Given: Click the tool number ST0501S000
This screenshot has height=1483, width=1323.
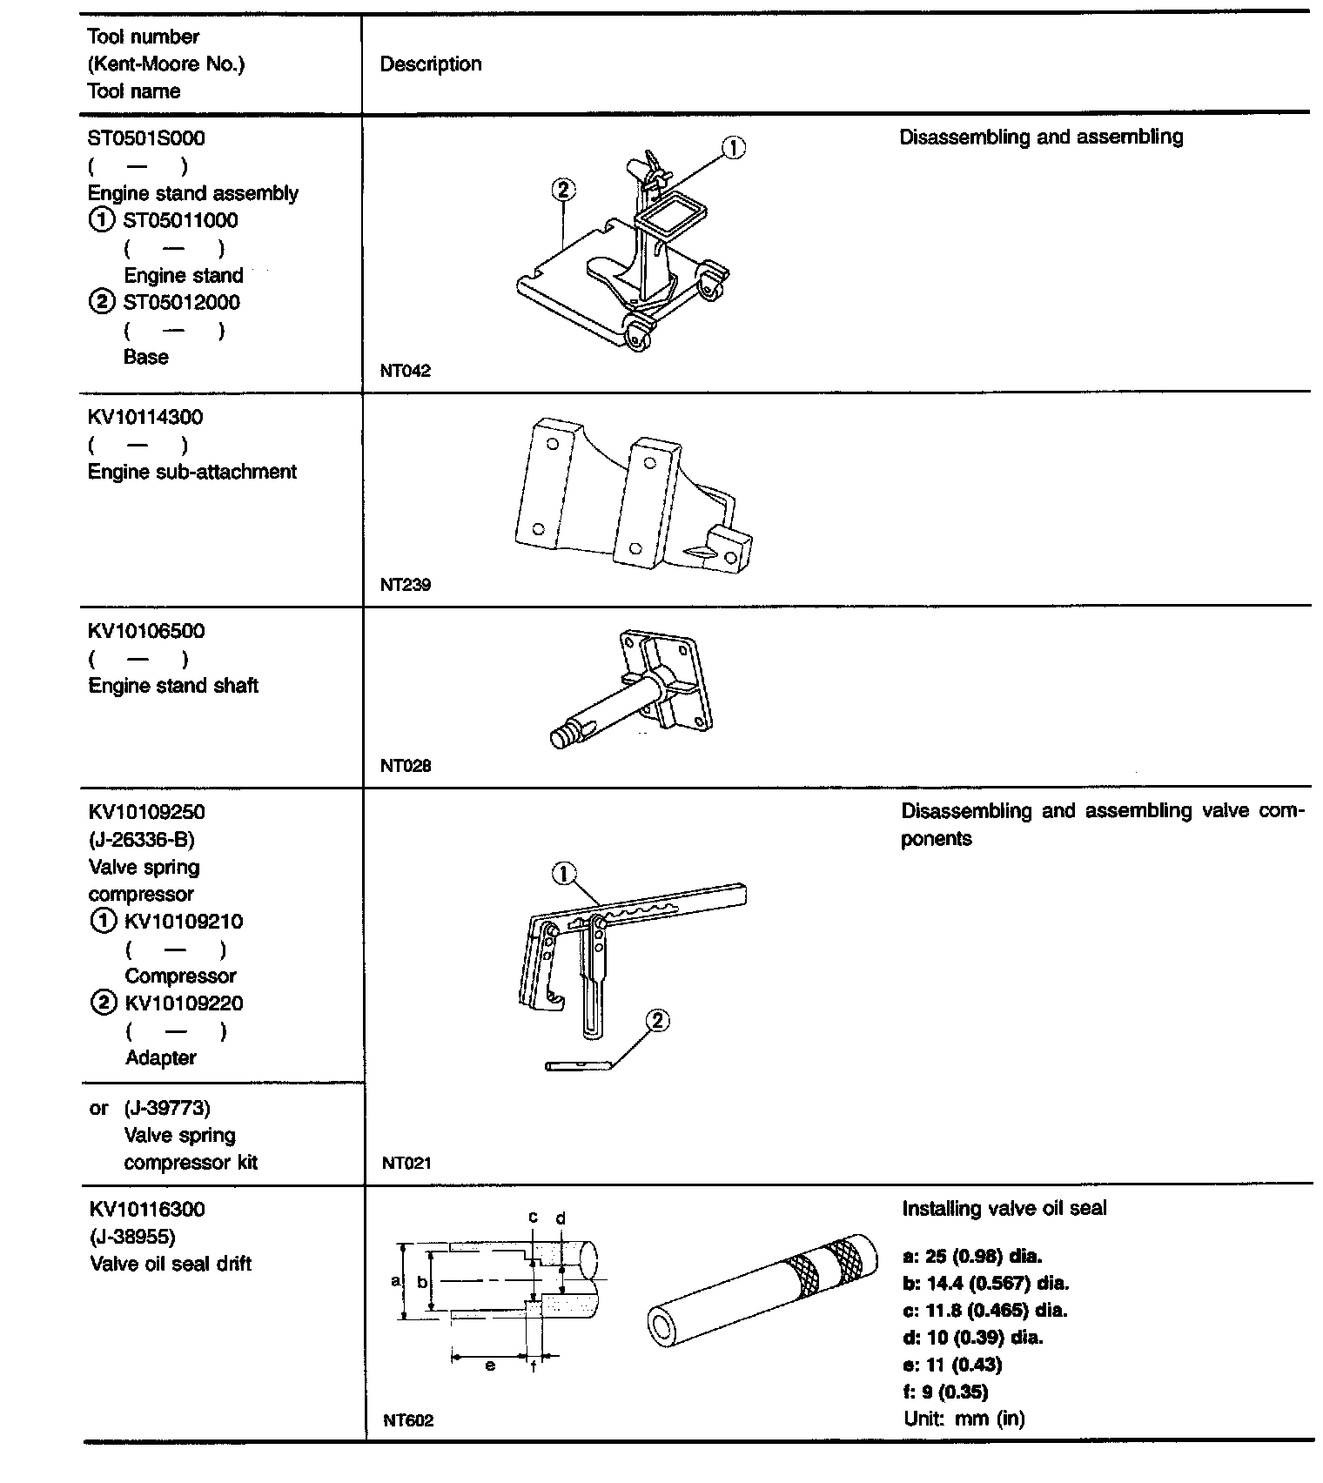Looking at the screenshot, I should [146, 138].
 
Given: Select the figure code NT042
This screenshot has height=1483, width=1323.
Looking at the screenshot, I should [405, 371].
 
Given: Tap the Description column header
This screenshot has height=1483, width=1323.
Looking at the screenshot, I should [430, 64].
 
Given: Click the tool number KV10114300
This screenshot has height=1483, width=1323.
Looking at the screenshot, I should [145, 418].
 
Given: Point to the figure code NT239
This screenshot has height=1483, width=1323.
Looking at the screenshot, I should [405, 585].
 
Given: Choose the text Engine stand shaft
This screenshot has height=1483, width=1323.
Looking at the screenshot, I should [173, 686].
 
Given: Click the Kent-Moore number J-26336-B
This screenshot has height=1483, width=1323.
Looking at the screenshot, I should [142, 840].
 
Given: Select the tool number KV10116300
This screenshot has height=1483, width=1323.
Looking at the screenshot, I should [147, 1210].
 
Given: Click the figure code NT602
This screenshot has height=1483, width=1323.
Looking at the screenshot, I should [407, 1420].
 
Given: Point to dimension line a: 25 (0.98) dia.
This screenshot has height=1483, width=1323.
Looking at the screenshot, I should [972, 1256].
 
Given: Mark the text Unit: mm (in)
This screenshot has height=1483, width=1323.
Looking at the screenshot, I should [964, 1419].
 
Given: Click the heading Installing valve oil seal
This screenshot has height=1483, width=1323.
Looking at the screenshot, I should [1004, 1209].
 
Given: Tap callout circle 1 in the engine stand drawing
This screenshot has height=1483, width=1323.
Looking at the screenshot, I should [735, 149].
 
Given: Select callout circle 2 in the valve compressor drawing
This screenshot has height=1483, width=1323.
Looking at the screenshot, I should [657, 1021].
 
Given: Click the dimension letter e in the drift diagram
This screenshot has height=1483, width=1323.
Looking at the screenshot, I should [490, 1366].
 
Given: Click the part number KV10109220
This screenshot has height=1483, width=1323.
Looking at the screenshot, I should [184, 1003].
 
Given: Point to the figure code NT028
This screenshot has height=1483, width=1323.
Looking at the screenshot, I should [405, 766].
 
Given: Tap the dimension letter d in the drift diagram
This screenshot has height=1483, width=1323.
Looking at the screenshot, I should [561, 1218].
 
